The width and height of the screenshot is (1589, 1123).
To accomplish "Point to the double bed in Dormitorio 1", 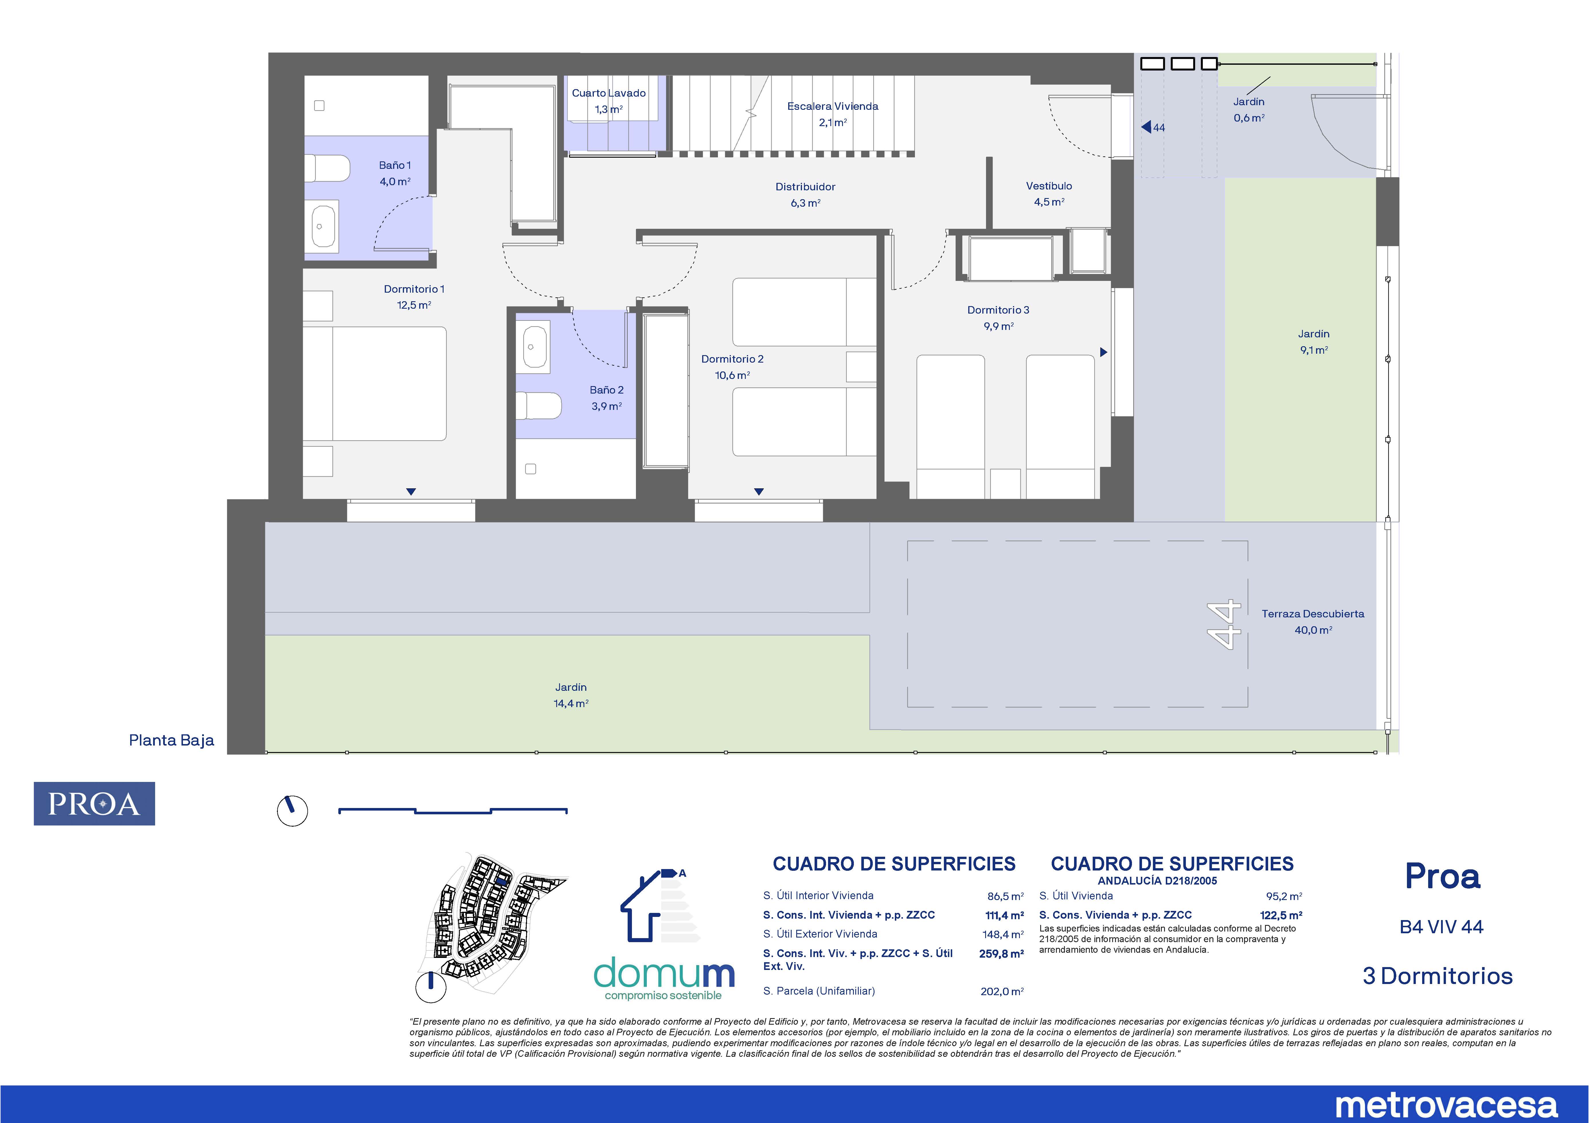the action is (x=374, y=384).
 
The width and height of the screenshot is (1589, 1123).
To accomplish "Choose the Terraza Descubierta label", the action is (x=1313, y=614).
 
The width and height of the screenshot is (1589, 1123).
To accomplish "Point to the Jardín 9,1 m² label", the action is (x=1313, y=342).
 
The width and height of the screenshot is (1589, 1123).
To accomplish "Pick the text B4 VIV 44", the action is (x=1442, y=926).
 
